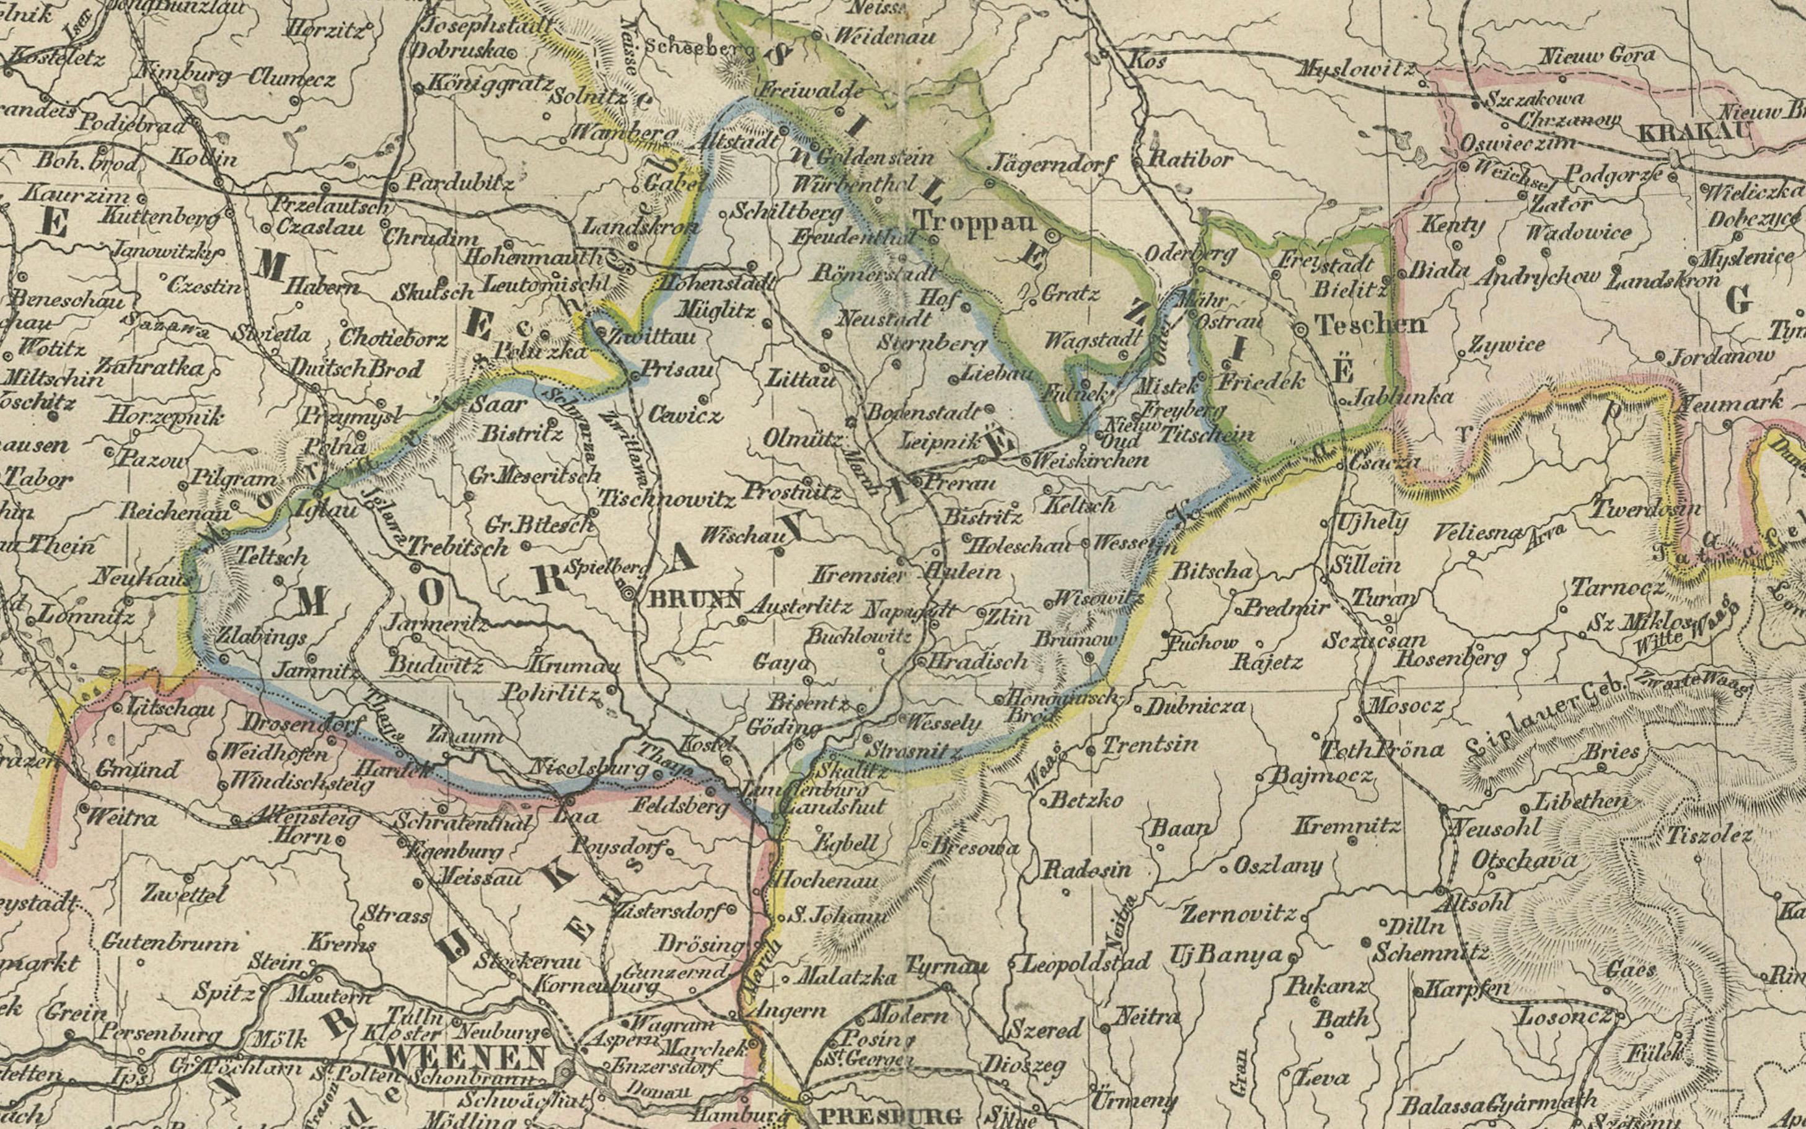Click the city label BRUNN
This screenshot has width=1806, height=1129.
tap(696, 598)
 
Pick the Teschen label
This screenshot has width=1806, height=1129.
tap(1369, 325)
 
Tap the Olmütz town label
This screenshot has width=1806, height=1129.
tap(803, 439)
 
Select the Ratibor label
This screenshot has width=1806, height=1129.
tap(1190, 159)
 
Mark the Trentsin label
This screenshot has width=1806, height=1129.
tap(1150, 744)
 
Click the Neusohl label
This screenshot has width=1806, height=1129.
tap(1495, 827)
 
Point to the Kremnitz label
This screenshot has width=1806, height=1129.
tap(1346, 825)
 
